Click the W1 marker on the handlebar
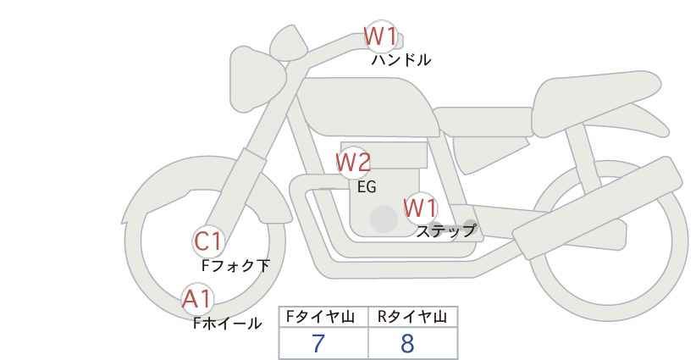click(x=380, y=36)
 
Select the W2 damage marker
click(x=353, y=163)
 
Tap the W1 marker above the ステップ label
click(x=420, y=208)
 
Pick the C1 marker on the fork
click(x=208, y=242)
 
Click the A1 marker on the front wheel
click(x=197, y=299)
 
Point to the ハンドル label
click(x=401, y=60)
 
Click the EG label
click(x=367, y=187)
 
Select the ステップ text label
click(x=445, y=231)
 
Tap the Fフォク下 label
click(x=235, y=266)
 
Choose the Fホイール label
click(x=227, y=324)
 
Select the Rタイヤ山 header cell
click(x=413, y=317)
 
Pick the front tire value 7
click(x=318, y=343)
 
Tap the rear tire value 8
click(x=407, y=343)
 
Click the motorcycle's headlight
click(x=257, y=80)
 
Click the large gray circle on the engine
click(x=384, y=219)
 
